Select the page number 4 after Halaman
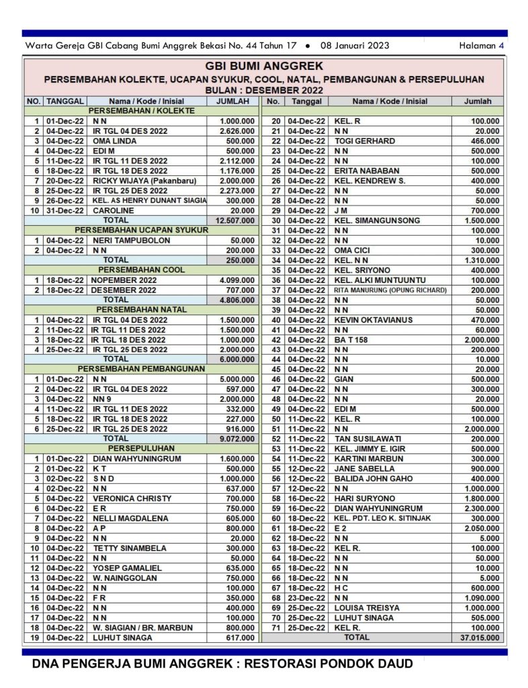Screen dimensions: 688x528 pos(501,46)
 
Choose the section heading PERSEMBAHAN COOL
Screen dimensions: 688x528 pos(140,269)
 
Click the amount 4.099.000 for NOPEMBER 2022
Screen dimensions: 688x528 pos(237,279)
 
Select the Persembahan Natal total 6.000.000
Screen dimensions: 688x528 pos(237,359)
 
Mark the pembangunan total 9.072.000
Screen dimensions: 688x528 pos(237,438)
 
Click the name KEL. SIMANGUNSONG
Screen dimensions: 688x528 pos(377,220)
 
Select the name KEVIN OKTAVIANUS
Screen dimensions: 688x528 pos(373,319)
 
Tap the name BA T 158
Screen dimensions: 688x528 pos(351,339)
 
